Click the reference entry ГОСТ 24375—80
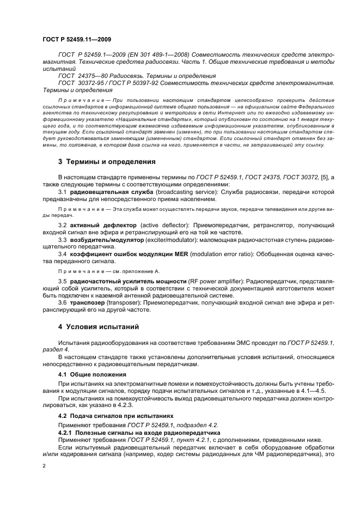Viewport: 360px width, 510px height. pyautogui.click(x=80, y=75)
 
